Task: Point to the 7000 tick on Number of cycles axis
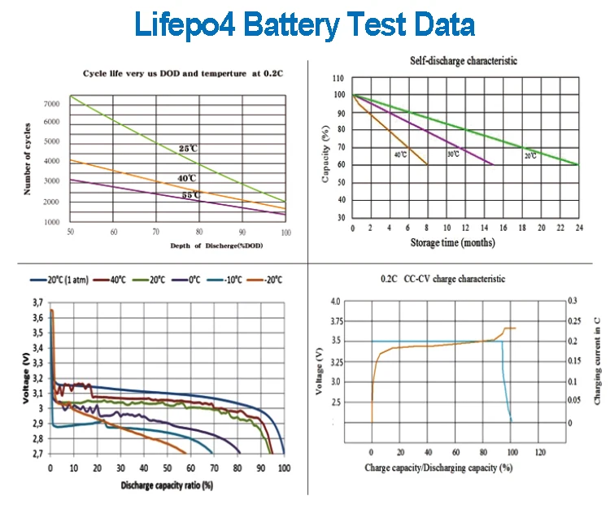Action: [x=52, y=104]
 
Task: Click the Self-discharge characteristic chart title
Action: [x=464, y=61]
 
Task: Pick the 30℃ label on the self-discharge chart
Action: [x=453, y=154]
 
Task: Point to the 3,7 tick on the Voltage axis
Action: [x=37, y=302]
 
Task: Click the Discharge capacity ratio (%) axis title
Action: [x=167, y=485]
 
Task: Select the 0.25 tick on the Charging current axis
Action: [x=573, y=321]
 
